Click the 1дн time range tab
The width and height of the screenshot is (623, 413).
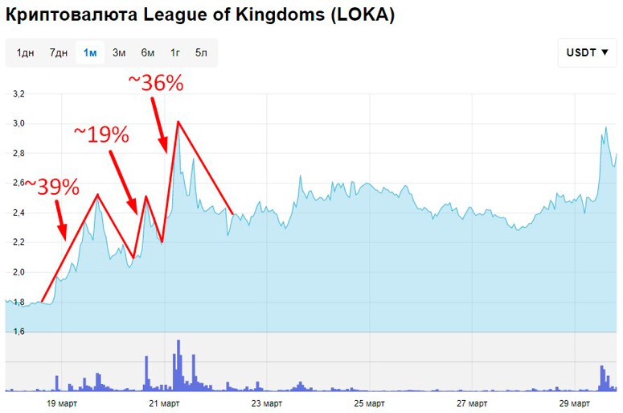pos(26,53)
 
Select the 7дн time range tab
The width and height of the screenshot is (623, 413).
pos(58,53)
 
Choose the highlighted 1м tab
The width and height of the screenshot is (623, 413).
pos(90,53)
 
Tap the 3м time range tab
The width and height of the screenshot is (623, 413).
pos(119,53)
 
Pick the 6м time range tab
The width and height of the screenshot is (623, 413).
pos(148,53)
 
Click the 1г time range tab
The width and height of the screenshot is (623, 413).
pos(175,53)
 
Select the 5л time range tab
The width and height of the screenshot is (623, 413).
pos(201,53)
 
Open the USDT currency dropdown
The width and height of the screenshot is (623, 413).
pos(587,53)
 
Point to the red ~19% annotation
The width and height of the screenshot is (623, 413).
pos(101,134)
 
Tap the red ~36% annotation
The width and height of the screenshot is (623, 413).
pos(156,83)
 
